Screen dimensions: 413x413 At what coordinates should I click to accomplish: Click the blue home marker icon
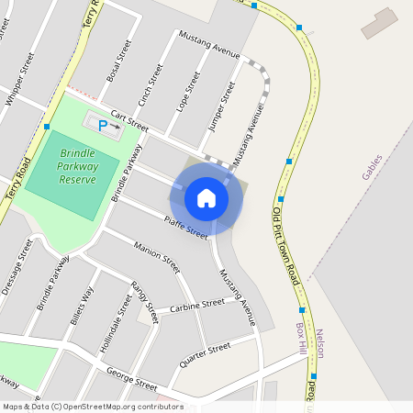click(206, 198)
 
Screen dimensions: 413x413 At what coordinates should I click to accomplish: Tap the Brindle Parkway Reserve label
click(78, 167)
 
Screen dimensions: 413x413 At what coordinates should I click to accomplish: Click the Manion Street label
click(156, 259)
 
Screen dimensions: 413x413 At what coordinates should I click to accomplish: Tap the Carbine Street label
click(197, 304)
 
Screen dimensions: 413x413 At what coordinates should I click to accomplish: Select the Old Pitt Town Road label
click(286, 247)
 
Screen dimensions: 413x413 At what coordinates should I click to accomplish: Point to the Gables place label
click(372, 166)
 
